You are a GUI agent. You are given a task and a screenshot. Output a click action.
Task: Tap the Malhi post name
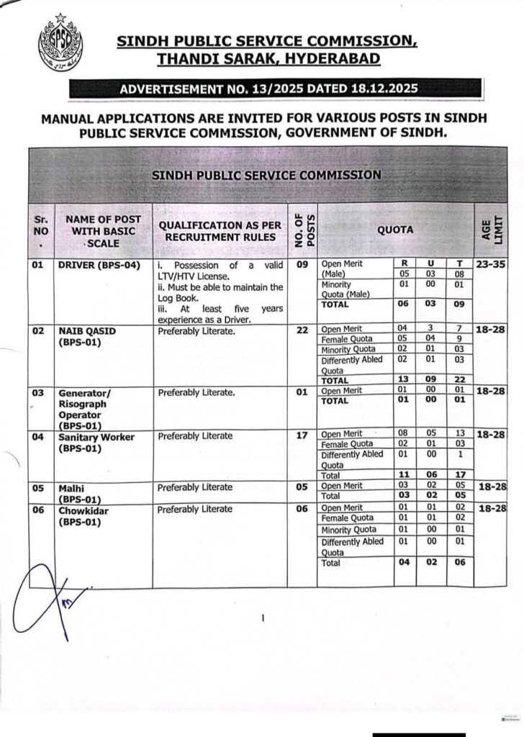(x=73, y=487)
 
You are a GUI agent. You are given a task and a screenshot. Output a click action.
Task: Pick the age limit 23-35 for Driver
(x=490, y=264)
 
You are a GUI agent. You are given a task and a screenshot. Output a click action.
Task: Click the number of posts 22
(x=302, y=330)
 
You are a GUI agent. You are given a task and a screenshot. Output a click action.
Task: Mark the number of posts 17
(x=302, y=435)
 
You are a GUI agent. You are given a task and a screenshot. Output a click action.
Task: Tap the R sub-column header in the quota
(x=405, y=263)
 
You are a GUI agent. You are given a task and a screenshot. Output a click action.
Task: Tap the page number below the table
(x=263, y=618)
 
